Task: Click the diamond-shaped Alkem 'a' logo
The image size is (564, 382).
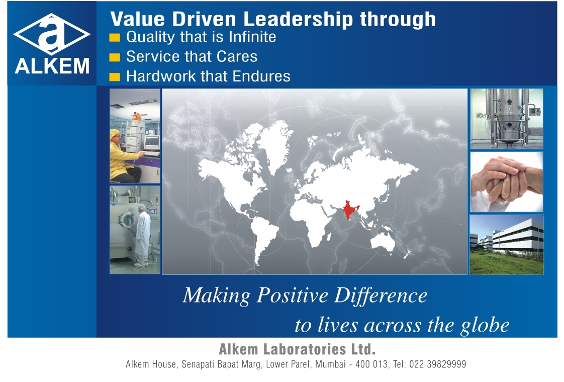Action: point(52,34)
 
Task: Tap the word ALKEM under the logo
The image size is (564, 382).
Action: point(52,66)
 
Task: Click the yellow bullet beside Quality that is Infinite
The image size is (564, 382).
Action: point(115,37)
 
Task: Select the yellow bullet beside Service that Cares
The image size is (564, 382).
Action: point(115,57)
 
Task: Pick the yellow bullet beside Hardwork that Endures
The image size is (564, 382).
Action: point(115,77)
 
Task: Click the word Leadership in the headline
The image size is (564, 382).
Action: point(298,20)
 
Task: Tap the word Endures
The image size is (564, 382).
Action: point(261,77)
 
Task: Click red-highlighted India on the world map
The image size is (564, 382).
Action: point(349,209)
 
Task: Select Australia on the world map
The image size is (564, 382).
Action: point(384,241)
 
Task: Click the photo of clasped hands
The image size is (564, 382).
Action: point(507,182)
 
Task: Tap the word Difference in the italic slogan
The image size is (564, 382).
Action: point(381,296)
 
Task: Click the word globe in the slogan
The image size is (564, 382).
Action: point(485,326)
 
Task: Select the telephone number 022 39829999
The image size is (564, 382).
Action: point(437,364)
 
